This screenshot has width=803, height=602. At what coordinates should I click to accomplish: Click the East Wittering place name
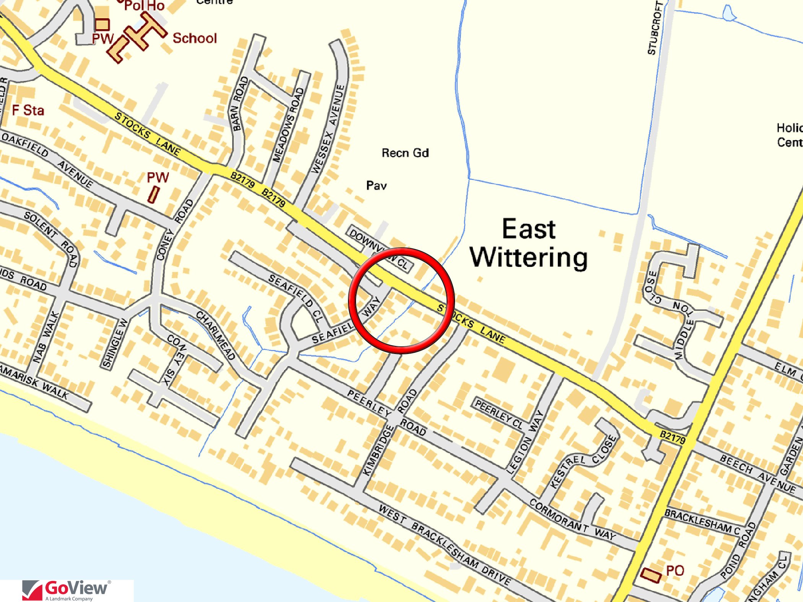(529, 243)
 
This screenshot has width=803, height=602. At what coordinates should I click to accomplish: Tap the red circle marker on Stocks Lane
(401, 300)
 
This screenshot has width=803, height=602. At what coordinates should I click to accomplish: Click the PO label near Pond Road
(675, 571)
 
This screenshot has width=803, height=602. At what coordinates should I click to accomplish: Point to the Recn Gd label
(405, 153)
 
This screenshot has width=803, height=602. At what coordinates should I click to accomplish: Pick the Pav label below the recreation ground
(376, 186)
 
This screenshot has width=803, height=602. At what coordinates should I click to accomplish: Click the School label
(195, 38)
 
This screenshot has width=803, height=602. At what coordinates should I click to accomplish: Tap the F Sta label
(28, 110)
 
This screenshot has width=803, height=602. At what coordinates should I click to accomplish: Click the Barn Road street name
(240, 103)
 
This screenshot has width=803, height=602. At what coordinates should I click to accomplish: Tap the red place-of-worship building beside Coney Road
(153, 195)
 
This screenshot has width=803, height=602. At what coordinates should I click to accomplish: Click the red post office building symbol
(650, 575)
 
